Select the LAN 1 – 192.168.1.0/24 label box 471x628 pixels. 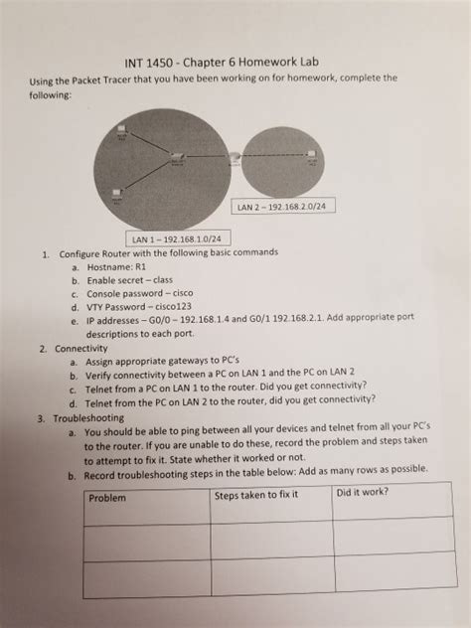point(177,237)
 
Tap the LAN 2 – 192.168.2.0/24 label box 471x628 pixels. point(281,207)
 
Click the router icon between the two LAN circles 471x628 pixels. point(233,157)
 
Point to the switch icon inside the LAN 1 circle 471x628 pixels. point(176,157)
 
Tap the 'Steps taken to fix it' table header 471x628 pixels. point(256,494)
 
